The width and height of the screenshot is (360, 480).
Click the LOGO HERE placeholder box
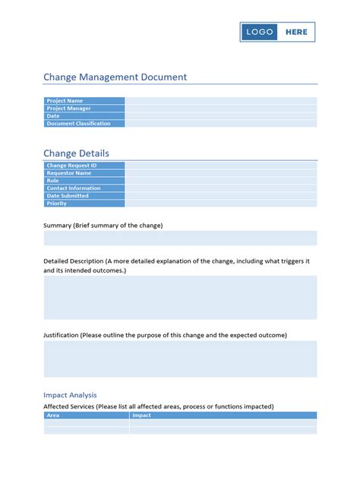click(x=277, y=32)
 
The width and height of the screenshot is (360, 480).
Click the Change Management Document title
click(x=115, y=77)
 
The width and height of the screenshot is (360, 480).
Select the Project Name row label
click(x=65, y=101)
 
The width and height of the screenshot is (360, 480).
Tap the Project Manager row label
click(x=69, y=109)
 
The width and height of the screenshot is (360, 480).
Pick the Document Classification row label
click(x=78, y=124)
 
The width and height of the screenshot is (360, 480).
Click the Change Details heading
click(x=76, y=153)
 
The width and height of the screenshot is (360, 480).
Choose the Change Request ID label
click(x=71, y=166)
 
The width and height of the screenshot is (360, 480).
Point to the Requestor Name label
click(x=68, y=173)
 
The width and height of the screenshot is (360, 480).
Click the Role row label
click(x=53, y=181)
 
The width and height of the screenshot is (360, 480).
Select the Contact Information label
click(x=74, y=188)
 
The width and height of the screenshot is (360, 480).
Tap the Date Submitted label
click(x=68, y=196)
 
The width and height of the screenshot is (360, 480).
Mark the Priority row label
click(x=57, y=204)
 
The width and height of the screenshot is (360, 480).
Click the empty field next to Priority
click(x=220, y=204)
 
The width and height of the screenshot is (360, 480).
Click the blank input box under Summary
click(x=180, y=238)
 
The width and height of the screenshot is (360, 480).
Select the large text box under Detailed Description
click(x=180, y=298)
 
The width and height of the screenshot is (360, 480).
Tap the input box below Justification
click(x=180, y=358)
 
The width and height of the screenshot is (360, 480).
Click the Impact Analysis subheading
click(x=70, y=395)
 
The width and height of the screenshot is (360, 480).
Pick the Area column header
click(x=53, y=415)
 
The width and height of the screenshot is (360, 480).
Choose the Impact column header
click(x=142, y=415)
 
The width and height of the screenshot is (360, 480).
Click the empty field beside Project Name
click(x=220, y=101)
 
